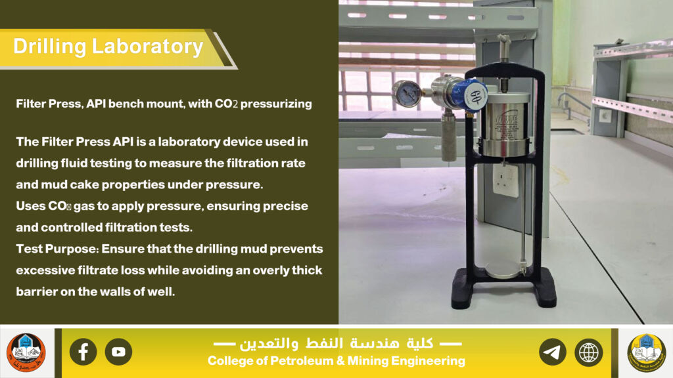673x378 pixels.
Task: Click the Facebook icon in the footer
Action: tap(83, 352)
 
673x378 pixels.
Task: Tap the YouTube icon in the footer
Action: tap(118, 352)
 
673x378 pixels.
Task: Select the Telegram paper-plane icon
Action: tap(553, 352)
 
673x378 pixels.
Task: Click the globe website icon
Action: tap(589, 352)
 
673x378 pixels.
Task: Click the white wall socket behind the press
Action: tap(505, 180)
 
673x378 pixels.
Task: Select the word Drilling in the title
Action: tap(50, 47)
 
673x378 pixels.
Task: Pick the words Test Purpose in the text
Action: tap(58, 249)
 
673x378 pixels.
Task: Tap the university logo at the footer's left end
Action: tap(26, 352)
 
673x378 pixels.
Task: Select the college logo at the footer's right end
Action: tap(647, 352)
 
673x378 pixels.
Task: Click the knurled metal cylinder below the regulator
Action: tap(448, 136)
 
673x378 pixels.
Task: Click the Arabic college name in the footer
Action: tap(336, 343)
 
